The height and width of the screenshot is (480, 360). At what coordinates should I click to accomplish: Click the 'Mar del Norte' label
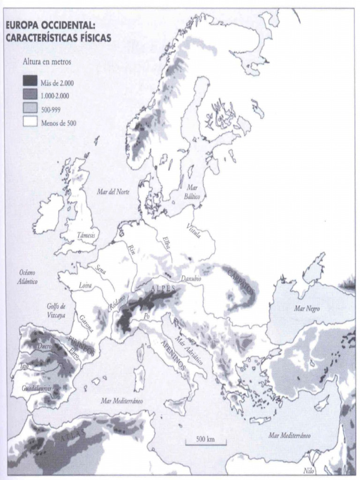113,192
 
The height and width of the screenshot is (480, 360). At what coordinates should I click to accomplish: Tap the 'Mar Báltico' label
192,192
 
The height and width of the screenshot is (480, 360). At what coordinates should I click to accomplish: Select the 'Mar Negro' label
307,309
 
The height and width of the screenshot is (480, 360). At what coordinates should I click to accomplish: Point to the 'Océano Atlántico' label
28,277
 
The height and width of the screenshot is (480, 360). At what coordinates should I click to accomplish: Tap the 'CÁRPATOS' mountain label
241,281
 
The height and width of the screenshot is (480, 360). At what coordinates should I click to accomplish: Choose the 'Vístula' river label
193,230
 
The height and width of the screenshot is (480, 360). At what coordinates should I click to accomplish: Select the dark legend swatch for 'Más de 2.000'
30,83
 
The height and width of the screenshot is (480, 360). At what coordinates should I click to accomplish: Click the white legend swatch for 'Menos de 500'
30,123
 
